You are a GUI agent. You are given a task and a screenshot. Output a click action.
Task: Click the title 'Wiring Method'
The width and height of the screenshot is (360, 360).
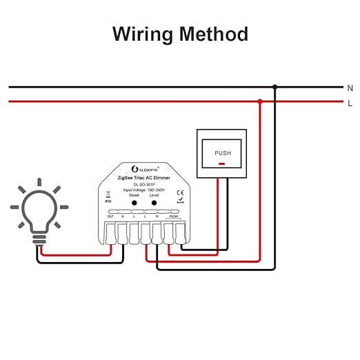180,33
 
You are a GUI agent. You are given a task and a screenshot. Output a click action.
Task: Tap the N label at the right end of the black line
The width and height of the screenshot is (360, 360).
350,88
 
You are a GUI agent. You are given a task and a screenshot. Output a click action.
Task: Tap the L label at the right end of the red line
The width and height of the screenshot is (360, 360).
350,103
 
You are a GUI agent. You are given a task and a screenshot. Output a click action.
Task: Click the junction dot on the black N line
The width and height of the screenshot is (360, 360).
274,87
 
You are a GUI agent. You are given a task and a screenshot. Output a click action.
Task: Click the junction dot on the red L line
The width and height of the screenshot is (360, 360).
259,102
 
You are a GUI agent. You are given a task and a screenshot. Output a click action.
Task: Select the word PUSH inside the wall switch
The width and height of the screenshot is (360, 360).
223,153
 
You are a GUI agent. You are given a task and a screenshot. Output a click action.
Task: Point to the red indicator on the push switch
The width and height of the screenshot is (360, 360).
222,164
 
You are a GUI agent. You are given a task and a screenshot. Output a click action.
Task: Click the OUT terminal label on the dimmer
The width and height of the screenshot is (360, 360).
110,217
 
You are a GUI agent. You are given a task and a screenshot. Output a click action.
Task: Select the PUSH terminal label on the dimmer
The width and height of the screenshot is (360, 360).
174,217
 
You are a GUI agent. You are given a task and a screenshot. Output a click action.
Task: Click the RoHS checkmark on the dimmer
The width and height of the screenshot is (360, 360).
181,199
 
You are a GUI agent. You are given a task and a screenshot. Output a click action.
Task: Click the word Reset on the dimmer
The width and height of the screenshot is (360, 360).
134,195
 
